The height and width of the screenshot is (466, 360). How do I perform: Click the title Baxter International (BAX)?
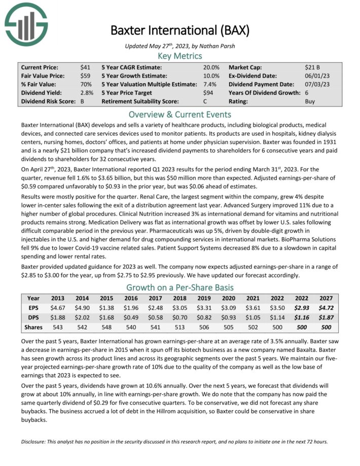tap(180, 30)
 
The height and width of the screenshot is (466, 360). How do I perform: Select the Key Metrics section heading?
tap(180, 56)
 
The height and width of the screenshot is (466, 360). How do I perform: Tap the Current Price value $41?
tap(86, 67)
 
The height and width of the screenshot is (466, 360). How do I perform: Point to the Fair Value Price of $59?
tap(86, 76)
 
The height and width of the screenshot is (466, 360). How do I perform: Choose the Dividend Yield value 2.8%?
tap(87, 93)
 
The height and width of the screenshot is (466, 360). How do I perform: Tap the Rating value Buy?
tap(310, 101)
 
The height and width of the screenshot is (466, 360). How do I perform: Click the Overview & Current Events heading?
tap(180, 114)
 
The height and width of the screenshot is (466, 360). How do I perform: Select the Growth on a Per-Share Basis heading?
tap(180, 288)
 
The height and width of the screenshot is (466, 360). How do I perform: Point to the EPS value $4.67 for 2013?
tap(57, 308)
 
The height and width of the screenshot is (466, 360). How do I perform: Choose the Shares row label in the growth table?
tap(33, 327)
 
